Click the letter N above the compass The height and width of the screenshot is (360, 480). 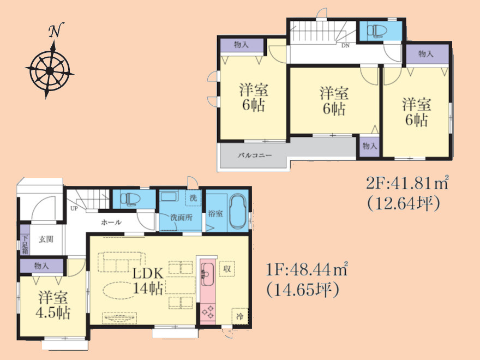point(56,30)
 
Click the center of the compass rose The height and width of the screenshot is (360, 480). point(50,71)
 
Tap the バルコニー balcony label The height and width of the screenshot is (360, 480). point(255,155)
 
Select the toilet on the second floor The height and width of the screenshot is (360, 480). point(377,31)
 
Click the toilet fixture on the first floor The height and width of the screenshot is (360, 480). point(130,199)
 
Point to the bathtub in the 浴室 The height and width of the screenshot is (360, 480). point(238,212)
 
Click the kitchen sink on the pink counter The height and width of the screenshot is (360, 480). point(207,271)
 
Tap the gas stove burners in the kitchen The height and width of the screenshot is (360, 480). point(207,311)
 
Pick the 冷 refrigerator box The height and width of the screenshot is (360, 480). point(239,316)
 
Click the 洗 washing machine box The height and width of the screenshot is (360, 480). point(193,198)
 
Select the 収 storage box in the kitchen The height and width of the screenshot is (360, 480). point(227,269)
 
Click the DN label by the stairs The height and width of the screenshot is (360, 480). point(345,46)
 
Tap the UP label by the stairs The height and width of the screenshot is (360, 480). point(74,208)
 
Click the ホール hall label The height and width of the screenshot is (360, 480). point(111,222)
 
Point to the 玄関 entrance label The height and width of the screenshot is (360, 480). point(46,239)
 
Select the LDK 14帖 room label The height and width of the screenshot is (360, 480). point(148,281)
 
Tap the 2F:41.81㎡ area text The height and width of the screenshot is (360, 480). point(407,184)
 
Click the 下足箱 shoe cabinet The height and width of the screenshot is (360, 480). point(25,244)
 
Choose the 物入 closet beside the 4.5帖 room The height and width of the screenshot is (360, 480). point(41,266)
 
